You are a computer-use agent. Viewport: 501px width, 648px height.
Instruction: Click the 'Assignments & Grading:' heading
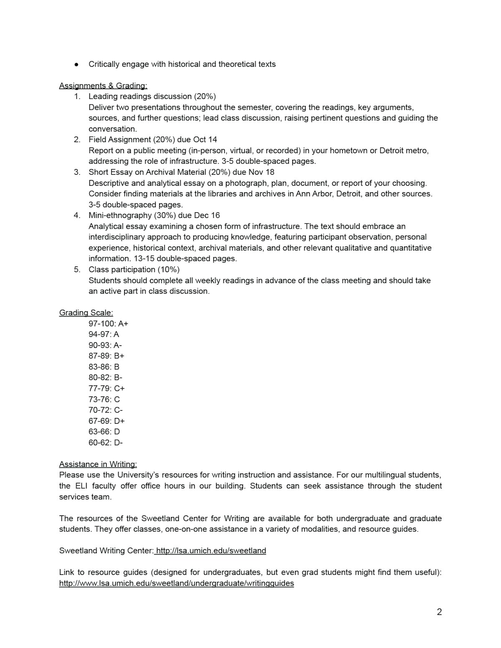coord(103,86)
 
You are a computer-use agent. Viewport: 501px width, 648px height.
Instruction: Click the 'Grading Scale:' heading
coord(86,313)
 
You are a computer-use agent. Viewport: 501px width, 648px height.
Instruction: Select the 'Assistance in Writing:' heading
coord(98,464)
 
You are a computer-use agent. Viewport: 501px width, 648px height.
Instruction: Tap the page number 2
coord(439,612)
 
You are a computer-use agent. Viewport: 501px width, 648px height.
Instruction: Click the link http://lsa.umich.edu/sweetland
coord(211,551)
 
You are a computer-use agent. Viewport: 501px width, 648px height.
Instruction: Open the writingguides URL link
coord(177,583)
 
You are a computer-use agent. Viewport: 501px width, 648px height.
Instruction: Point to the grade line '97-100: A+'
coord(108,324)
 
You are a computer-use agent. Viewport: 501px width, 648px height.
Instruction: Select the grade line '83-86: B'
coord(104,367)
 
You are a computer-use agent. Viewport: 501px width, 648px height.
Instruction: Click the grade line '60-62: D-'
coord(106,443)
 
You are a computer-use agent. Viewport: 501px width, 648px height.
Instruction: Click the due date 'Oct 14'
coord(205,139)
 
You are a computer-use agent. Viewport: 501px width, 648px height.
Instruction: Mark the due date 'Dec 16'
coord(207,215)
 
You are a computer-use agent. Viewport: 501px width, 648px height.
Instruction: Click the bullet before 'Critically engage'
coord(76,64)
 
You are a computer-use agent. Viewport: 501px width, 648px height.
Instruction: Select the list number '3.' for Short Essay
coord(77,172)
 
